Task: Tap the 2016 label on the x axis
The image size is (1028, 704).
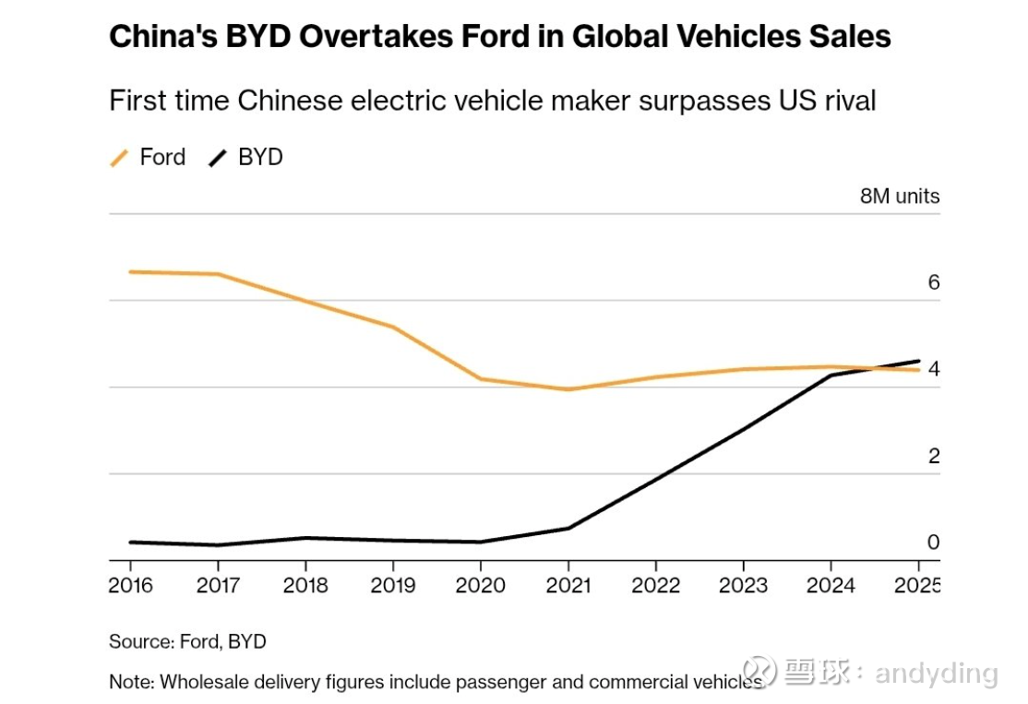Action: coord(130,585)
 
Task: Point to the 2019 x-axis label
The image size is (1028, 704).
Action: coord(392,585)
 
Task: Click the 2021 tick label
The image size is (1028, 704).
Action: coord(568,585)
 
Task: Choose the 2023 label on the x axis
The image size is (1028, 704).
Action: coord(743,585)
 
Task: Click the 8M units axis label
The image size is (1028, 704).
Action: coord(899,196)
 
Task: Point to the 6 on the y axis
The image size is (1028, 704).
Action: coord(933,282)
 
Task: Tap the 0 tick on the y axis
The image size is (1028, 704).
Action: coord(933,543)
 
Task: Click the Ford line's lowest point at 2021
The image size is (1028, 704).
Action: coord(568,389)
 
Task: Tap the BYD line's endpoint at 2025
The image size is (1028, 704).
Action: coord(918,361)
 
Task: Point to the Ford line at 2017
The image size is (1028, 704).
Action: coord(218,274)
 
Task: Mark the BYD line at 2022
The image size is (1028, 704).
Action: coord(655,479)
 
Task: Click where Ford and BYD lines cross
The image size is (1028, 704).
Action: coord(872,368)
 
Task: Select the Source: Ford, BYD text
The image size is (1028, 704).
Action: coord(187,641)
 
